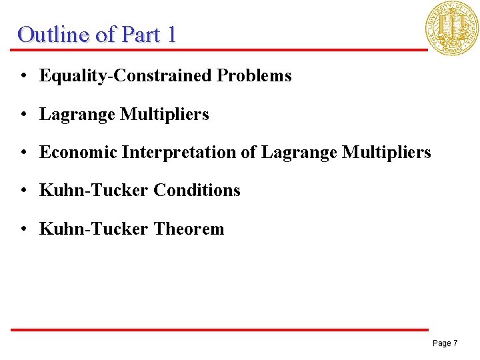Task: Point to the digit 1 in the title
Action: tap(171, 34)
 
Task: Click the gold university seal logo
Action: tap(453, 27)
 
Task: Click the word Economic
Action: tap(78, 153)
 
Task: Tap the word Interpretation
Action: tap(179, 153)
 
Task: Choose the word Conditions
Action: tap(197, 191)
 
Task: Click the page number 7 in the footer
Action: tap(455, 343)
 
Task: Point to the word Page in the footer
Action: tap(441, 343)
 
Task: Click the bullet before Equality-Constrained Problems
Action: tap(23, 76)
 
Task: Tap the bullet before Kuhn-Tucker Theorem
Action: tap(23, 229)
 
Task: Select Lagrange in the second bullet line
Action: tap(77, 115)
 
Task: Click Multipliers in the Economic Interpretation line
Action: tap(387, 153)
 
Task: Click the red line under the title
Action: tap(220, 49)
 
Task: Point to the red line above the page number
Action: tap(220, 329)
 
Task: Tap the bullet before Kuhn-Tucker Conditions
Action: tap(23, 191)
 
